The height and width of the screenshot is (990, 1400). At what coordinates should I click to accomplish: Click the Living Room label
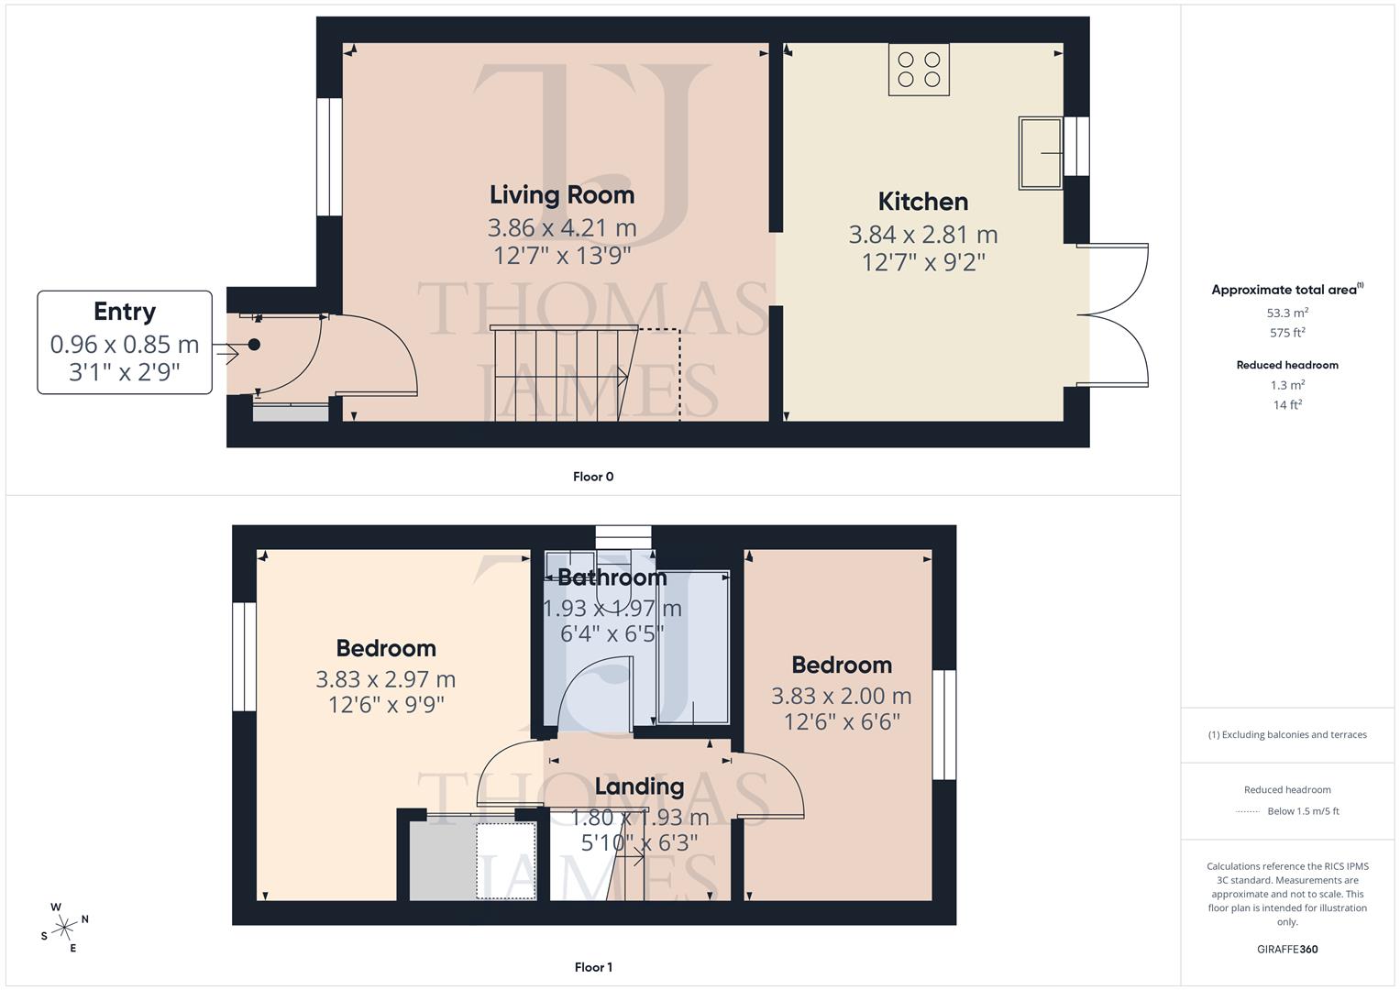click(x=561, y=194)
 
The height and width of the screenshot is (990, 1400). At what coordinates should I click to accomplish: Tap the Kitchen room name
click(x=922, y=202)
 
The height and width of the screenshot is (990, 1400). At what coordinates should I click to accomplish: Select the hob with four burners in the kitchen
click(x=919, y=70)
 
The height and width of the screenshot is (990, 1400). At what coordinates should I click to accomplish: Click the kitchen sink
click(x=1040, y=153)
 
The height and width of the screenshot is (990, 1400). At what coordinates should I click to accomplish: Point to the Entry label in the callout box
click(x=125, y=312)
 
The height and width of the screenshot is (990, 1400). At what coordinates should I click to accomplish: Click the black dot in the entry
click(x=254, y=345)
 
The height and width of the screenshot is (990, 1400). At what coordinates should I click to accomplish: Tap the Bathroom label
click(x=612, y=577)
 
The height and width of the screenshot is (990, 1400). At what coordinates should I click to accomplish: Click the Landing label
click(x=639, y=786)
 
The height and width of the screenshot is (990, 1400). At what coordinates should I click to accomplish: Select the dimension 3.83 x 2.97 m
click(x=385, y=679)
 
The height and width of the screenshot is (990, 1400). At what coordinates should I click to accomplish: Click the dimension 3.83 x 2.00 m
click(x=841, y=696)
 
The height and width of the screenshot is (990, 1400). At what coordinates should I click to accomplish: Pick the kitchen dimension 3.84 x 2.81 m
click(x=922, y=235)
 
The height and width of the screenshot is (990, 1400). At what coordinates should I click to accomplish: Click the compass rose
click(x=64, y=928)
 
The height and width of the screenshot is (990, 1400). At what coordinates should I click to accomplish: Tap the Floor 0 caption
click(x=593, y=477)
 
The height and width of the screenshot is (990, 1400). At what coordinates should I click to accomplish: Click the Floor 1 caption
click(x=593, y=967)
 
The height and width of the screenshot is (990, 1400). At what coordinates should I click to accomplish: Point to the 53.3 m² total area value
click(x=1287, y=313)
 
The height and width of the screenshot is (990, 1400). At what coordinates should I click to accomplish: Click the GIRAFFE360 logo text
click(x=1287, y=949)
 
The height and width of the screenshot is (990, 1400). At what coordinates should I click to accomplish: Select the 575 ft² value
click(x=1287, y=333)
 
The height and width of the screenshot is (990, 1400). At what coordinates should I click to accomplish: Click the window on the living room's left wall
click(x=329, y=157)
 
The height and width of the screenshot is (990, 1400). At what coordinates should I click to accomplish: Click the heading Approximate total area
click(x=1285, y=290)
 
